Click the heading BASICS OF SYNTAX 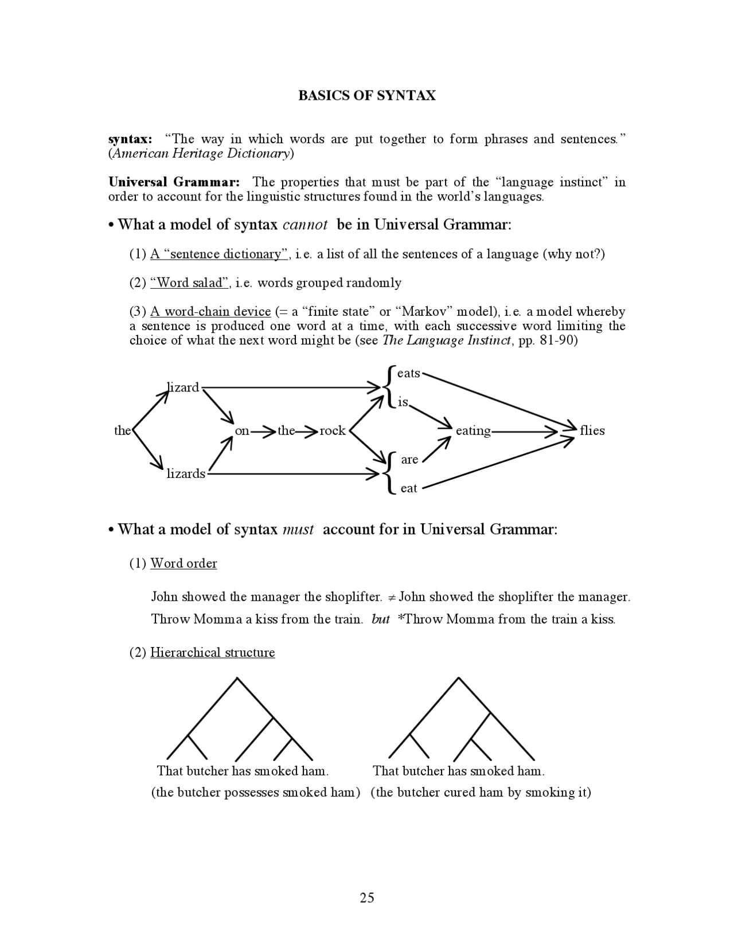(x=366, y=96)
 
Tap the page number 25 (x=367, y=897)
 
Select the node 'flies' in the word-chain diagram (x=592, y=430)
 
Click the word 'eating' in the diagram (x=473, y=430)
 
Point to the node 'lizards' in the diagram (x=186, y=473)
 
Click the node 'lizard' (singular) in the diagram (x=183, y=387)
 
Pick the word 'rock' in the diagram (x=333, y=430)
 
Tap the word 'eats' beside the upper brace (x=409, y=373)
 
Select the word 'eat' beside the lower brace (x=409, y=488)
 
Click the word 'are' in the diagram (x=409, y=460)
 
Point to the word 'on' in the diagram (x=242, y=430)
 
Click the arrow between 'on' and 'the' (x=263, y=431)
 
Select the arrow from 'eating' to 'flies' (x=525, y=431)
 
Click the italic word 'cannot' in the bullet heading (x=305, y=225)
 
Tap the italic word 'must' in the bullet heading (x=298, y=529)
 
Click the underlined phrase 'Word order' (x=183, y=563)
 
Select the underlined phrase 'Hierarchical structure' (x=212, y=653)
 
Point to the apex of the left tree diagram (x=237, y=679)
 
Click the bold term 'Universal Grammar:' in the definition (x=174, y=182)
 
